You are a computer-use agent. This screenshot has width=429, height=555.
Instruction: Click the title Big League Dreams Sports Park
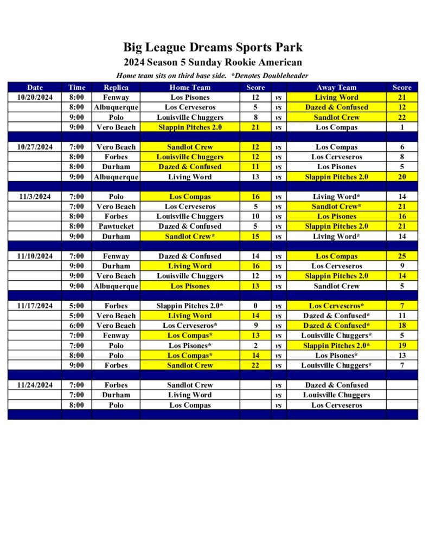213,47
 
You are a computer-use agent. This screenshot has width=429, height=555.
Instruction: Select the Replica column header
116,87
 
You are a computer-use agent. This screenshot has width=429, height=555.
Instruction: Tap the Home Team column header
190,87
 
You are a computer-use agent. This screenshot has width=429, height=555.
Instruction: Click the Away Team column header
336,87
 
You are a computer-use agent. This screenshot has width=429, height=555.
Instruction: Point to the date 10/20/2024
35,98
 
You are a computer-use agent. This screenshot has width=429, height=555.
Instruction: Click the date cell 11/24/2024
35,385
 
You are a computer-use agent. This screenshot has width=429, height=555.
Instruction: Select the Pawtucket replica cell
116,227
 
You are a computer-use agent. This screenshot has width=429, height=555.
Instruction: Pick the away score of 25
402,256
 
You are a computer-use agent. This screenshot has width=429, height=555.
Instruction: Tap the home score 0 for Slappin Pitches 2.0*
255,306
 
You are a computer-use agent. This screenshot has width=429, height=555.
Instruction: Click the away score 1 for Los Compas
402,127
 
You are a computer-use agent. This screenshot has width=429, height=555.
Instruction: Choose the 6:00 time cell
76,326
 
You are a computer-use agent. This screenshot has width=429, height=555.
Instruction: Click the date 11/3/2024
35,197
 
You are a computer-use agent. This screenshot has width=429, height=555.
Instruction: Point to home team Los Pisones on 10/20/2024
190,98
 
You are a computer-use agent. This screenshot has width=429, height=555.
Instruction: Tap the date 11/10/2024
35,256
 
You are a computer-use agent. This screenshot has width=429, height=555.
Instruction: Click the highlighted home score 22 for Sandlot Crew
255,365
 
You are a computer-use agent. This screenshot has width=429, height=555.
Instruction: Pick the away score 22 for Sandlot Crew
402,118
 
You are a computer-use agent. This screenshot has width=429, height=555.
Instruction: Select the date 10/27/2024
35,147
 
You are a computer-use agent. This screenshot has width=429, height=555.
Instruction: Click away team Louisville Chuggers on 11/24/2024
336,395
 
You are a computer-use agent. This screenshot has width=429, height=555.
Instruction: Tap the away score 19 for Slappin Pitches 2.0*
402,346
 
